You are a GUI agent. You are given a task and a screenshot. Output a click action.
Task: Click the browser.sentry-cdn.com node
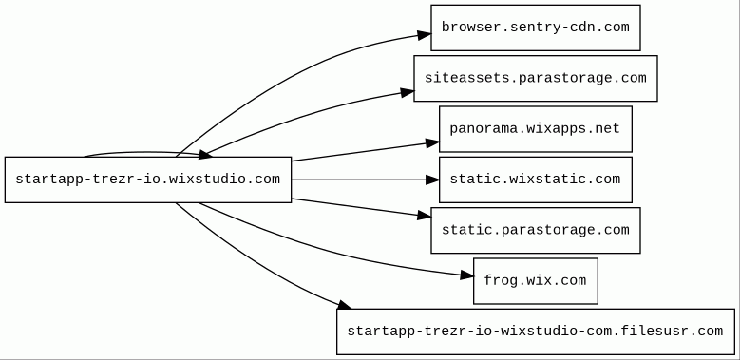535,28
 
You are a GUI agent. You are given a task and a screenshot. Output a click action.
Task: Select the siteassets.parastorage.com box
535,78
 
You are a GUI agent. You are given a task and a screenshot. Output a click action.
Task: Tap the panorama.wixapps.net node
535,129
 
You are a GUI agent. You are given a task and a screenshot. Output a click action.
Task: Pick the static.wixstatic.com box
535,180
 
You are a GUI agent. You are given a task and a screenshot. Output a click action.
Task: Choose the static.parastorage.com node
535,230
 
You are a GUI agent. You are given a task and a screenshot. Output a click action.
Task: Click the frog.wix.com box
535,281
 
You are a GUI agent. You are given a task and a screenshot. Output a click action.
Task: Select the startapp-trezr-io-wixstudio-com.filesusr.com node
535,332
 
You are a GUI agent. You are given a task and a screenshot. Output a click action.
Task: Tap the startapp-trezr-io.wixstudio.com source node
148,180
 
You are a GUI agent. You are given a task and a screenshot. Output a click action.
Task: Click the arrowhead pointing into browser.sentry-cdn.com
424,35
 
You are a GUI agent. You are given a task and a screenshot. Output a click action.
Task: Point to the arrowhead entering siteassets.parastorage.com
408,92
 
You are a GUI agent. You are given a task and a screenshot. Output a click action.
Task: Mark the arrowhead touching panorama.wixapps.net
432,142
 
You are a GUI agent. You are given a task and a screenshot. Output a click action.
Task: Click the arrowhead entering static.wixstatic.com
432,180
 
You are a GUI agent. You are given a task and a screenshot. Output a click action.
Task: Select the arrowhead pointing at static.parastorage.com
425,216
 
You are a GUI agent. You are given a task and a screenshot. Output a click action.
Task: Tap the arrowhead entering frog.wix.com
466,275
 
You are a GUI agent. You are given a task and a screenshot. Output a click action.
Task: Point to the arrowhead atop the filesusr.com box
344,304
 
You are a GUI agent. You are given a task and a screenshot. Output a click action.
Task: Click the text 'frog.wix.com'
535,281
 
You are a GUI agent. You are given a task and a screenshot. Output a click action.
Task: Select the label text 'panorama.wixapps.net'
535,129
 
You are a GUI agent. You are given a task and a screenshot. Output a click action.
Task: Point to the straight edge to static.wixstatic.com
359,180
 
